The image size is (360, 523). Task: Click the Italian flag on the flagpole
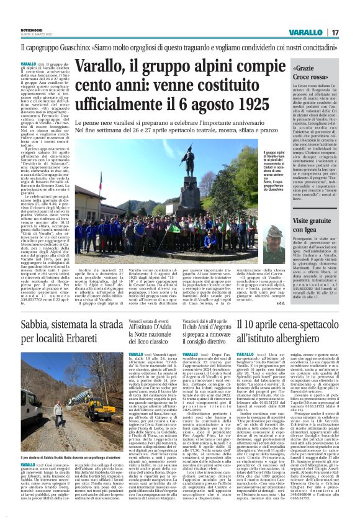[x=101, y=184]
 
